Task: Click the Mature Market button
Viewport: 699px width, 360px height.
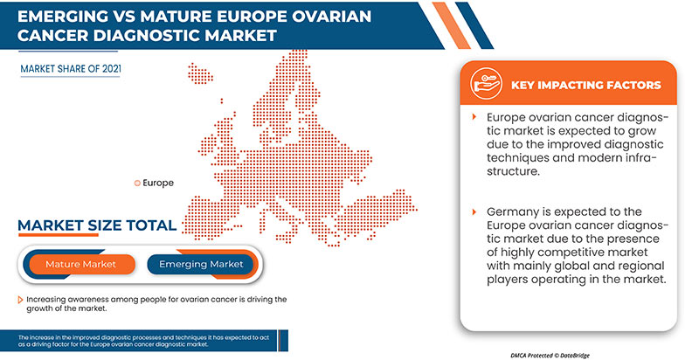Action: (x=80, y=263)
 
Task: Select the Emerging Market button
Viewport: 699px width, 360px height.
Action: (x=202, y=263)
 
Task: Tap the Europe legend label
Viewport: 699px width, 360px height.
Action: (x=157, y=183)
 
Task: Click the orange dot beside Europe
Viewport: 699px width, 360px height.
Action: (x=135, y=183)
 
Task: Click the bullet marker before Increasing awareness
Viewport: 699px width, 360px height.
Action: (x=21, y=300)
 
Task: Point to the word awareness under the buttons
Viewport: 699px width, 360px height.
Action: (x=87, y=300)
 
